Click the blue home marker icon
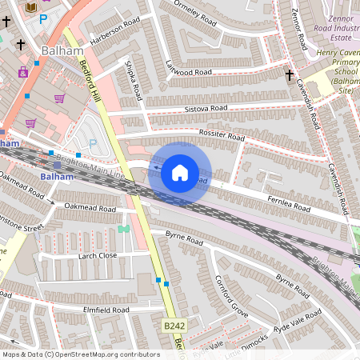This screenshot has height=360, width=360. coord(180,173)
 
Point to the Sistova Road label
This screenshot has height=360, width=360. coord(206,108)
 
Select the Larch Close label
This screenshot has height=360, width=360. coord(98,256)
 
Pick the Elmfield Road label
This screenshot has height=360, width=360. coord(106,310)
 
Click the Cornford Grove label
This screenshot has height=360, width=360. coord(232,294)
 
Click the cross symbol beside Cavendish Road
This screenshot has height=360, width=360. coord(289,75)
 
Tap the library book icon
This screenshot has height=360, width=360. coord(31,7)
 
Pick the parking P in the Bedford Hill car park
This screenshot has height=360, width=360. coord(93,143)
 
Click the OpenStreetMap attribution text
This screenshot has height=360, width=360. coord(82,354)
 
